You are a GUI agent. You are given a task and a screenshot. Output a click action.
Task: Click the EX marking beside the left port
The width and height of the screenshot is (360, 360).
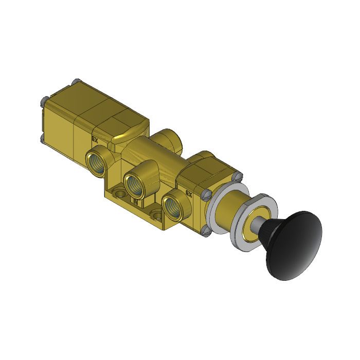95,139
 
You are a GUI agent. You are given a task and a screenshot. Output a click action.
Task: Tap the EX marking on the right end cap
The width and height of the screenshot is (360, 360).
188,195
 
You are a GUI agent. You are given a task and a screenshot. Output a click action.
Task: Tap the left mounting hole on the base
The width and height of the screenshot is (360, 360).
119,193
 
